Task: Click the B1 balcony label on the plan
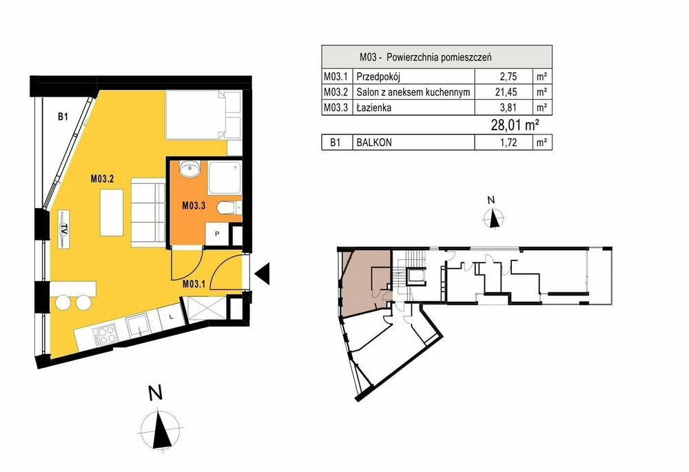click(x=63, y=117)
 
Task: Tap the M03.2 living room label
click(x=103, y=179)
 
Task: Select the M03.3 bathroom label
click(x=194, y=205)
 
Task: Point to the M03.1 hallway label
click(x=194, y=284)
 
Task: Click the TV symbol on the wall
click(x=64, y=229)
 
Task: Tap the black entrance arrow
click(x=262, y=274)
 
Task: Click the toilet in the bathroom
click(x=229, y=207)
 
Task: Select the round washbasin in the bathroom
click(x=190, y=169)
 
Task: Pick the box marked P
click(x=217, y=234)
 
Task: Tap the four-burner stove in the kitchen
click(x=106, y=335)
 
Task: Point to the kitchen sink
click(x=139, y=326)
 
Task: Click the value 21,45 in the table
click(x=508, y=92)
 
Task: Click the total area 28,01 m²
click(x=515, y=125)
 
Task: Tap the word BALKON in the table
click(x=374, y=143)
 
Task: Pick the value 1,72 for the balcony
click(x=508, y=143)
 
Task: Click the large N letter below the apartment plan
click(x=155, y=393)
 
